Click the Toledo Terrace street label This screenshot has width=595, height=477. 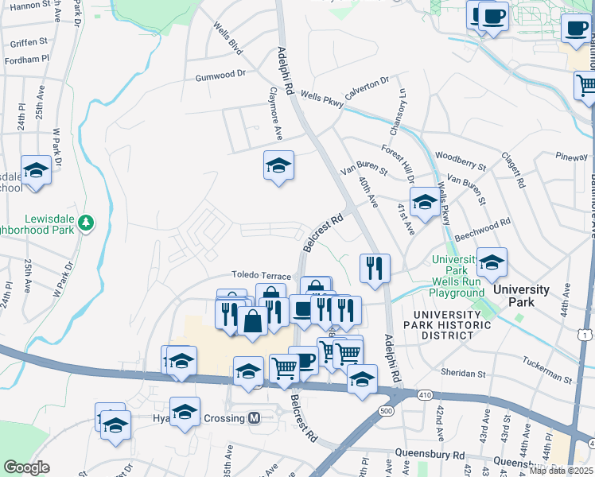click(262, 276)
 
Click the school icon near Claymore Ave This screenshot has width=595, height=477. click(278, 166)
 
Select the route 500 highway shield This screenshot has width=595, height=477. click(387, 410)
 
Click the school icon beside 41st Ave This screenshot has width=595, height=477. click(424, 202)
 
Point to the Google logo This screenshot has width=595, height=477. click(26, 467)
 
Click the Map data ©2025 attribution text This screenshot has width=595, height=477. click(560, 470)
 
